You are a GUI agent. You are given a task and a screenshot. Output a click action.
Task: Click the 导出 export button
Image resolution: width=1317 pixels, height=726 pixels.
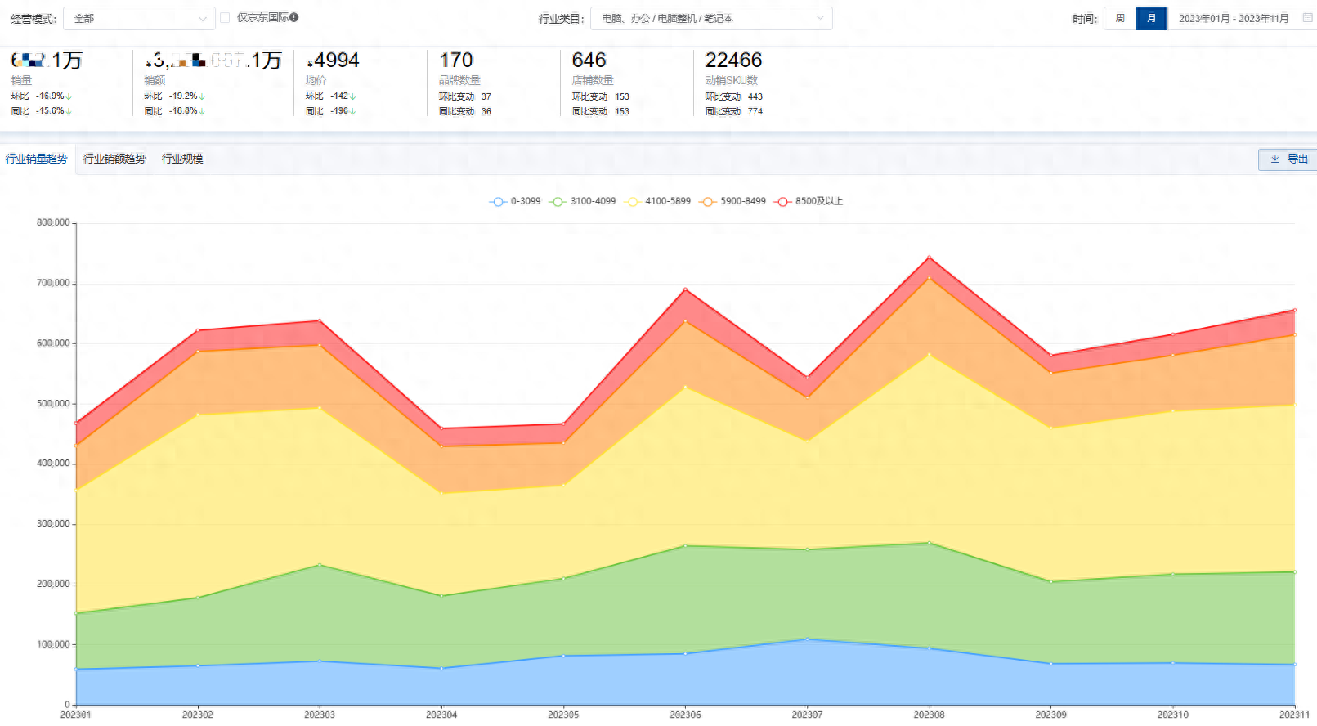(x=1289, y=159)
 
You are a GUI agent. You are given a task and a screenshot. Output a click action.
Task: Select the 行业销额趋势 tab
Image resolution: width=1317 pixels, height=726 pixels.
(x=114, y=159)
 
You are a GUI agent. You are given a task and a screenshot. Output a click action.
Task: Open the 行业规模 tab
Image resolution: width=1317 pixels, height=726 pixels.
(x=182, y=159)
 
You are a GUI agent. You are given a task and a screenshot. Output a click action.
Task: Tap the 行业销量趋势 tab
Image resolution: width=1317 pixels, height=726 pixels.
(x=37, y=159)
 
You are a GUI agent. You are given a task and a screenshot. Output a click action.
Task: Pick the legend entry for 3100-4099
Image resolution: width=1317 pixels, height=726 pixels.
(x=584, y=201)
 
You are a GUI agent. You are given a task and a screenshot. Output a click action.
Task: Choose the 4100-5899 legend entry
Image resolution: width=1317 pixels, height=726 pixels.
(x=658, y=201)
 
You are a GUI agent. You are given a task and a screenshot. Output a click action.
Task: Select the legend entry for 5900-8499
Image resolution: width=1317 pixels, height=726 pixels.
(x=733, y=201)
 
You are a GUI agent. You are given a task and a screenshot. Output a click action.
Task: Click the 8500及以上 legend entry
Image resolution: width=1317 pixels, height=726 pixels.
(x=809, y=201)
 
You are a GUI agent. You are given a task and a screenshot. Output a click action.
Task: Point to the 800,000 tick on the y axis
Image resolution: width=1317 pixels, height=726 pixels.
(x=53, y=222)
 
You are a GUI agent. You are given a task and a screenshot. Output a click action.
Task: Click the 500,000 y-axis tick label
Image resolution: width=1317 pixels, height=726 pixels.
(x=53, y=403)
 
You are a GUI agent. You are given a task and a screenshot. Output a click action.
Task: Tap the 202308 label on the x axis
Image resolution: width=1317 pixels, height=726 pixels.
(x=929, y=715)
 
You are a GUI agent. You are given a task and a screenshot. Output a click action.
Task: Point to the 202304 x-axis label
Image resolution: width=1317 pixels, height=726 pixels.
(x=441, y=715)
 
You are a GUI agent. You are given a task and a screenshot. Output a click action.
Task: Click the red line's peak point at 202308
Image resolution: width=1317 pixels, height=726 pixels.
(x=929, y=258)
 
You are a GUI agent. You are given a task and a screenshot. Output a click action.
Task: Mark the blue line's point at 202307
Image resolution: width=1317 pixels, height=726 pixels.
(x=807, y=639)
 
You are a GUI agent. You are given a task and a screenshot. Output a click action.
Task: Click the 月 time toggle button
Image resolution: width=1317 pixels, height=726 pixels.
(x=1151, y=18)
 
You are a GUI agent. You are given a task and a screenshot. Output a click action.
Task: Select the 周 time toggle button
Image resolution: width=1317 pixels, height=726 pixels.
(x=1120, y=18)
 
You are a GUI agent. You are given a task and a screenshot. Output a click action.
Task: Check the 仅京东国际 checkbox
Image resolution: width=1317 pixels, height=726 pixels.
(x=225, y=17)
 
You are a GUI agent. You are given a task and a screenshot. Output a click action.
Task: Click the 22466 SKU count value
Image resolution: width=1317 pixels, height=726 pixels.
(x=733, y=60)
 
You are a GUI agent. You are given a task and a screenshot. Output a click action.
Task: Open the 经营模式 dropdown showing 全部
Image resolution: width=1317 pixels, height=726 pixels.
(x=139, y=18)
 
